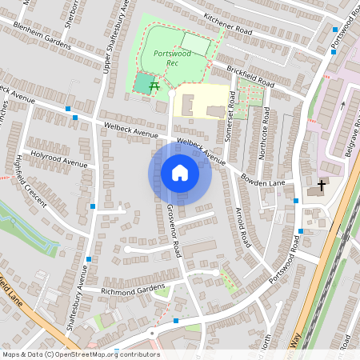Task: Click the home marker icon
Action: tap(180, 173)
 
